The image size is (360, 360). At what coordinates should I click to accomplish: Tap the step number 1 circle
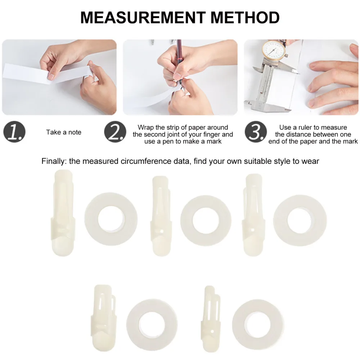click(15, 132)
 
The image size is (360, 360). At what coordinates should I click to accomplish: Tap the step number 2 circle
click(115, 132)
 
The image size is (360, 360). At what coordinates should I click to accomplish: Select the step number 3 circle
click(256, 132)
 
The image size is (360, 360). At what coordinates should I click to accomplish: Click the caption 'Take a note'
click(64, 132)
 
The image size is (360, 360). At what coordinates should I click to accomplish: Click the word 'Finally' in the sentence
click(54, 161)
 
